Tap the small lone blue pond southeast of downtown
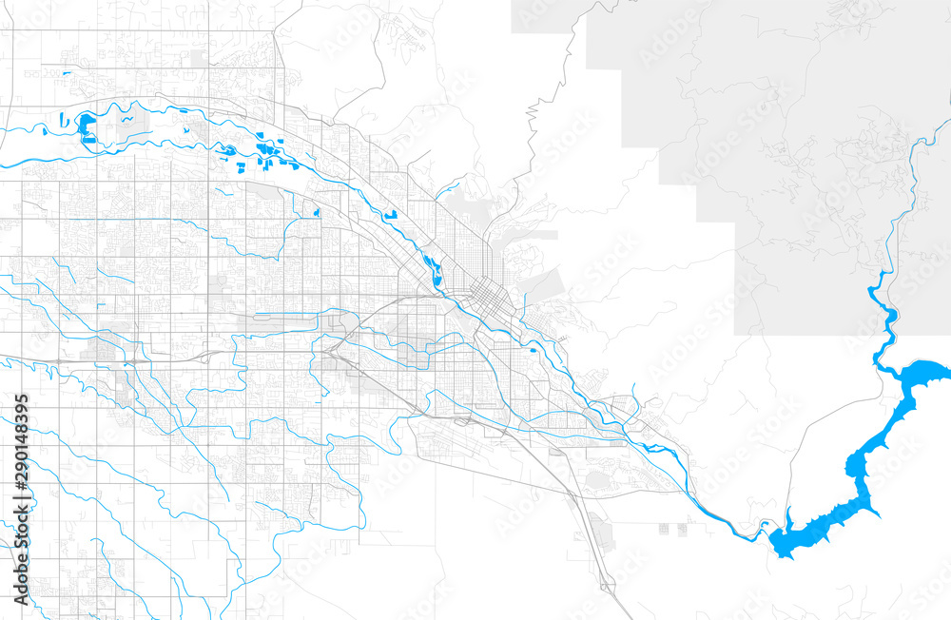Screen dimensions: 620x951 click(x=534, y=349)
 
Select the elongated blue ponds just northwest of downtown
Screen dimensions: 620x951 click(x=432, y=270)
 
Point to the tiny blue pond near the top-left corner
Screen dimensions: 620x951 click(x=67, y=72)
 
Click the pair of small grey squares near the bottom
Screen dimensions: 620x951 click(x=685, y=526)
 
